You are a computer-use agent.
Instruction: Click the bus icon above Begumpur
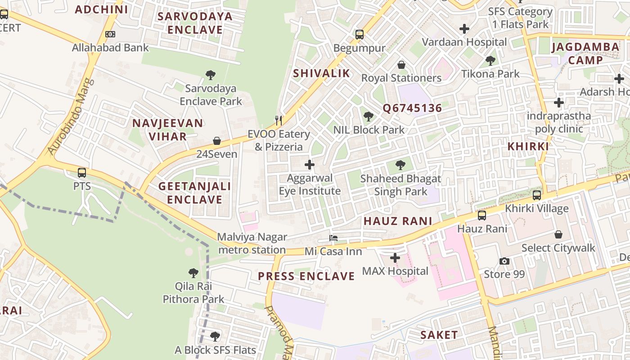tap(359, 34)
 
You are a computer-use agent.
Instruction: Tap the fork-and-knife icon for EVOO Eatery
tap(279, 120)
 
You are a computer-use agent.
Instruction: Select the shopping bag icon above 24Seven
tap(217, 141)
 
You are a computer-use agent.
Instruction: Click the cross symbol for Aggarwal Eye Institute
tap(310, 165)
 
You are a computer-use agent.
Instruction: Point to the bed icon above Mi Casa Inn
tap(333, 238)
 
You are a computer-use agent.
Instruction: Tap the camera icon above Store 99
tap(504, 261)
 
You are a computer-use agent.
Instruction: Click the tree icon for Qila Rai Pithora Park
tap(193, 273)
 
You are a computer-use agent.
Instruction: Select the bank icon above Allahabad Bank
tap(110, 34)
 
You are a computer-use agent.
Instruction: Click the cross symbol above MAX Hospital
tap(395, 258)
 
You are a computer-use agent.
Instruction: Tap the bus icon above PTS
tap(82, 173)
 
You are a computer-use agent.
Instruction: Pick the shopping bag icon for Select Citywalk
tap(558, 234)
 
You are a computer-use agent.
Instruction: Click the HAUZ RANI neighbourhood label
tap(398, 221)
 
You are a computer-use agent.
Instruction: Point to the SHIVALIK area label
tap(321, 73)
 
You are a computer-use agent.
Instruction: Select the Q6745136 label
tap(412, 108)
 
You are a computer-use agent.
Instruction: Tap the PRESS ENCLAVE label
tap(306, 276)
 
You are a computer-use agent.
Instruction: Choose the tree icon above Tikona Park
tap(490, 60)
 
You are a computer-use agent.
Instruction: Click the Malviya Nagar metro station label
tap(252, 243)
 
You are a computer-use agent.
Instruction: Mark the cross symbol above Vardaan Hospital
tap(464, 29)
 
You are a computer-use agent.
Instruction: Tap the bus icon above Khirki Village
tap(537, 195)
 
